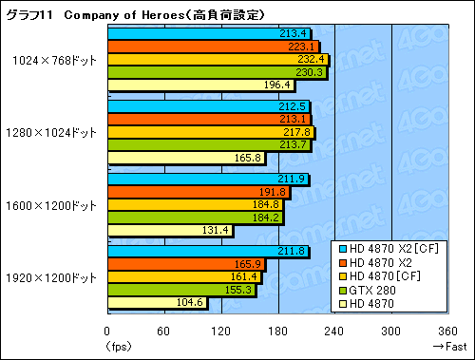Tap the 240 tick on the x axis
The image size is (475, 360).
click(334, 332)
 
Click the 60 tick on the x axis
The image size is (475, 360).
click(163, 332)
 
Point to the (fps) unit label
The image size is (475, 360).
click(113, 347)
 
